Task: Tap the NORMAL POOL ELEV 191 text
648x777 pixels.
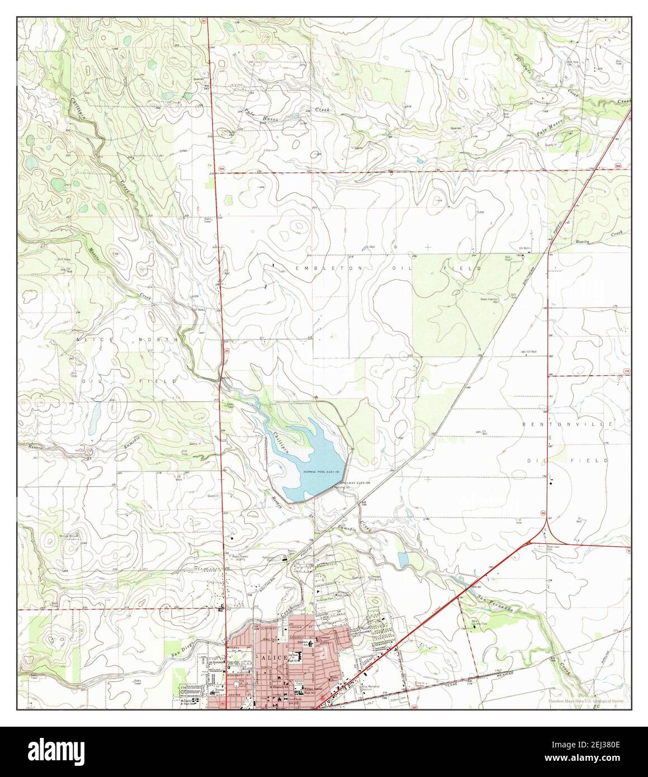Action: [x=321, y=472]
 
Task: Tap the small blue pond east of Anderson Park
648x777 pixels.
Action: [x=403, y=558]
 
